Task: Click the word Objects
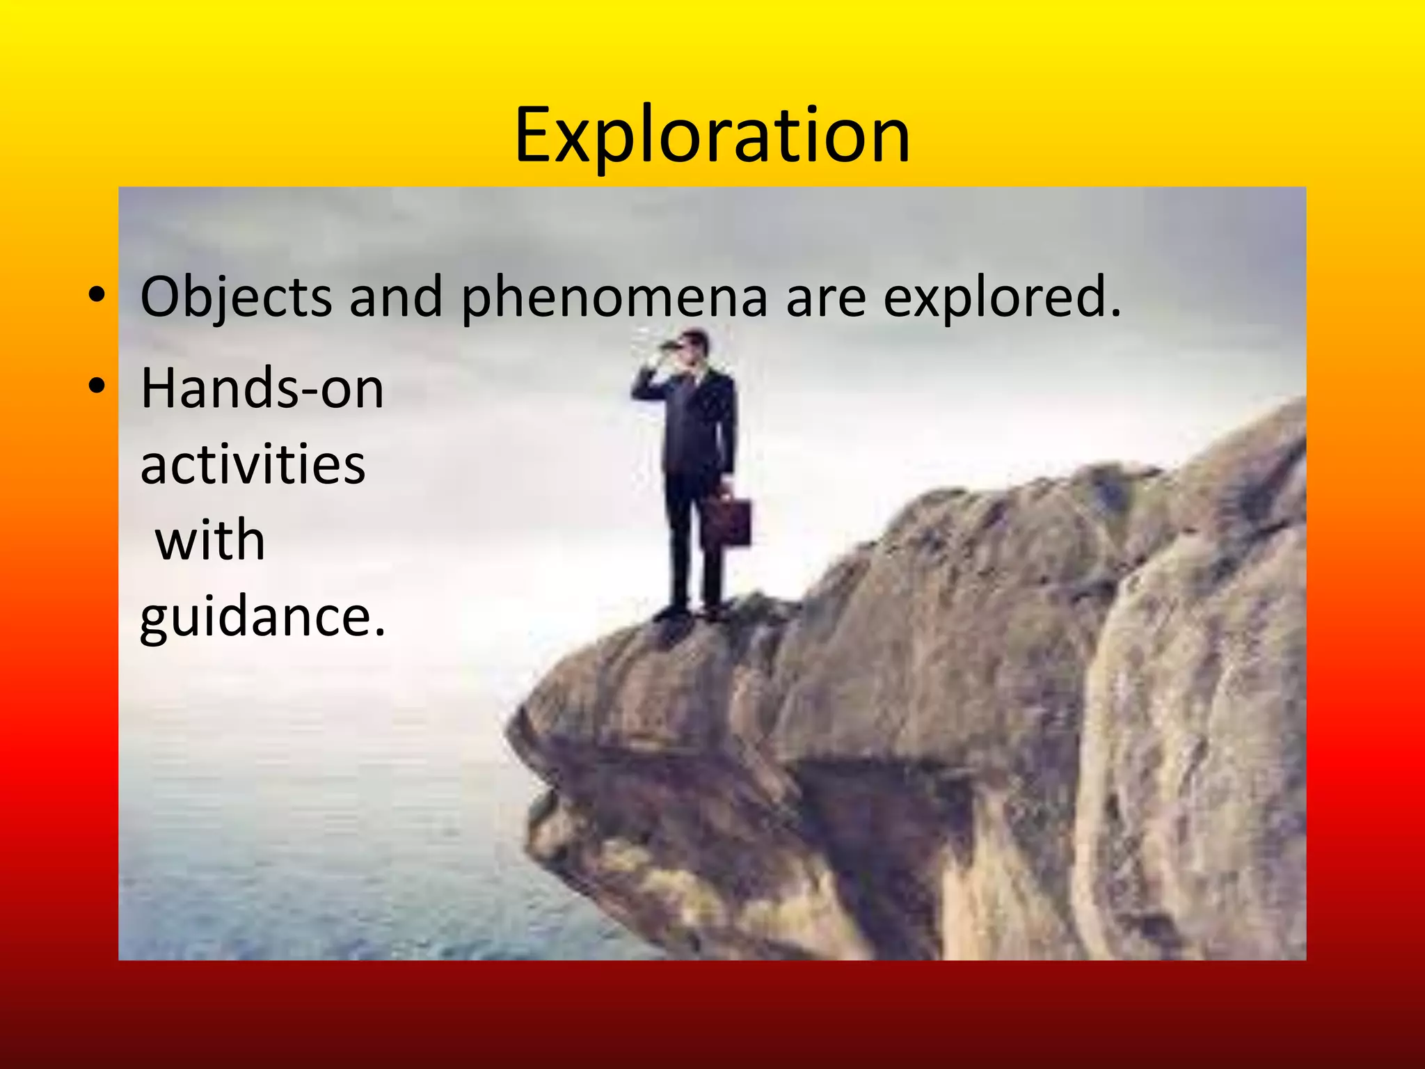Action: click(x=236, y=297)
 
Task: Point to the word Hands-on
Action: click(x=262, y=389)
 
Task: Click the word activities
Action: click(x=253, y=464)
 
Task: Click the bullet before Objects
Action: click(x=97, y=295)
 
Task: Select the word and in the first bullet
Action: click(x=395, y=297)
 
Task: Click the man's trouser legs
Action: click(x=692, y=543)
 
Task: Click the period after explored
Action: click(x=1116, y=315)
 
